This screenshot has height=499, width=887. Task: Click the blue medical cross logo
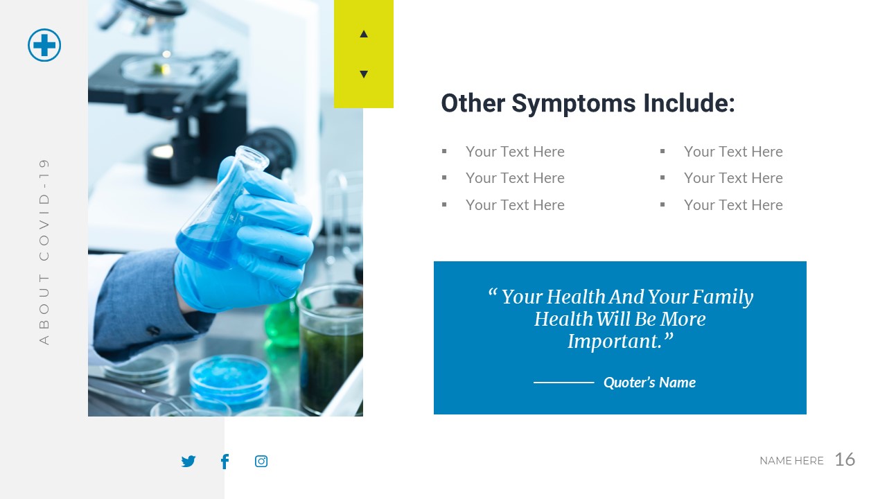click(44, 45)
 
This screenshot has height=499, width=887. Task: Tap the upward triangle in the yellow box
click(364, 34)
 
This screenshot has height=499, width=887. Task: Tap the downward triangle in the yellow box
click(364, 74)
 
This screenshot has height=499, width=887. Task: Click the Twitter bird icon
click(188, 462)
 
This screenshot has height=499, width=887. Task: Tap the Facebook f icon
click(225, 462)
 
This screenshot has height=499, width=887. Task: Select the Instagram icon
click(261, 462)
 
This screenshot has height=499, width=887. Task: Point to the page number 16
click(845, 459)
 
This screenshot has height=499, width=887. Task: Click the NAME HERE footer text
click(791, 461)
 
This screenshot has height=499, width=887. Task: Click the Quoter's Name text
click(649, 383)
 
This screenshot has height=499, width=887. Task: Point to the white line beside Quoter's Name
click(563, 383)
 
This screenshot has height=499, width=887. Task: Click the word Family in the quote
click(723, 297)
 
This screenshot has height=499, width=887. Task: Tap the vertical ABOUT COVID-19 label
click(44, 251)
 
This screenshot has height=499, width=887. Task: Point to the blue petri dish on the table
click(229, 378)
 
